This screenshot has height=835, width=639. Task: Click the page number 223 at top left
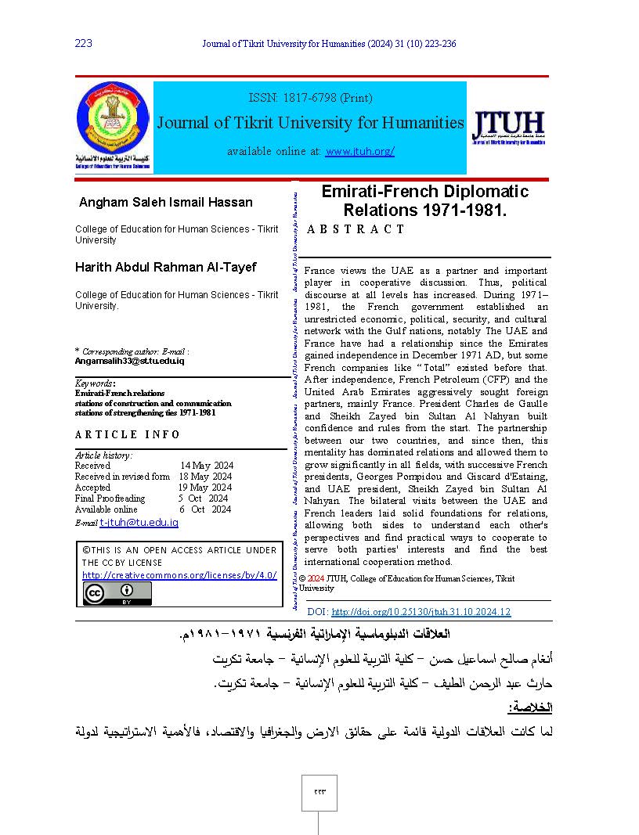84,43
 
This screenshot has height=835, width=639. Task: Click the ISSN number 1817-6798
309,98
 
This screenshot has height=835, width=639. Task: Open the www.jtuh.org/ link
359,151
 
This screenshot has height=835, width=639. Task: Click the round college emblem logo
114,119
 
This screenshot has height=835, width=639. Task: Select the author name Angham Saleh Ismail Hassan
166,203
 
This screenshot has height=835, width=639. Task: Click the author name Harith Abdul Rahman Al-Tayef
165,268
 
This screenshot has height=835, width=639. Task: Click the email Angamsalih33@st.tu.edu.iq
130,361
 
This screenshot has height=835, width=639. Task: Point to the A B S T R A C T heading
356,229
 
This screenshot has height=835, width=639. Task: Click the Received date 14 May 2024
207,466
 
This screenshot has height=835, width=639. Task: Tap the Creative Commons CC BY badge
117,594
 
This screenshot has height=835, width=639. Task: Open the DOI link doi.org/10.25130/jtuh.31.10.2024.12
421,612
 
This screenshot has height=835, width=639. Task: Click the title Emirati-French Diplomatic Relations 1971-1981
425,201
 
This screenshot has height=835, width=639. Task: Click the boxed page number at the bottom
319,791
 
